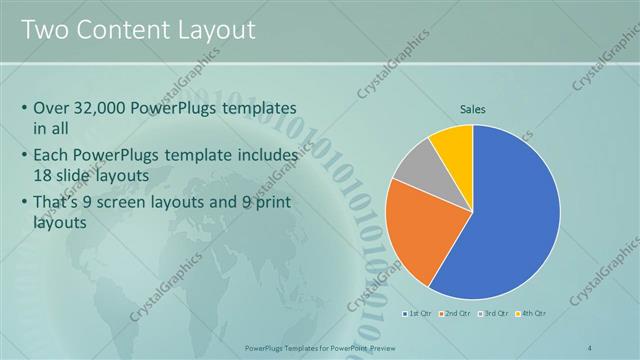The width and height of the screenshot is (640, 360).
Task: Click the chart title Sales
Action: point(473,108)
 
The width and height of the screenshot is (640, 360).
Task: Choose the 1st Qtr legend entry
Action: point(419,314)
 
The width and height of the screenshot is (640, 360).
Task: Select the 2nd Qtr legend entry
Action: point(455,314)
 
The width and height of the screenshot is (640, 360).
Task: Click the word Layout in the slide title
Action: point(214,29)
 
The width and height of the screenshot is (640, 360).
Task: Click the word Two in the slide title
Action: point(43,29)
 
